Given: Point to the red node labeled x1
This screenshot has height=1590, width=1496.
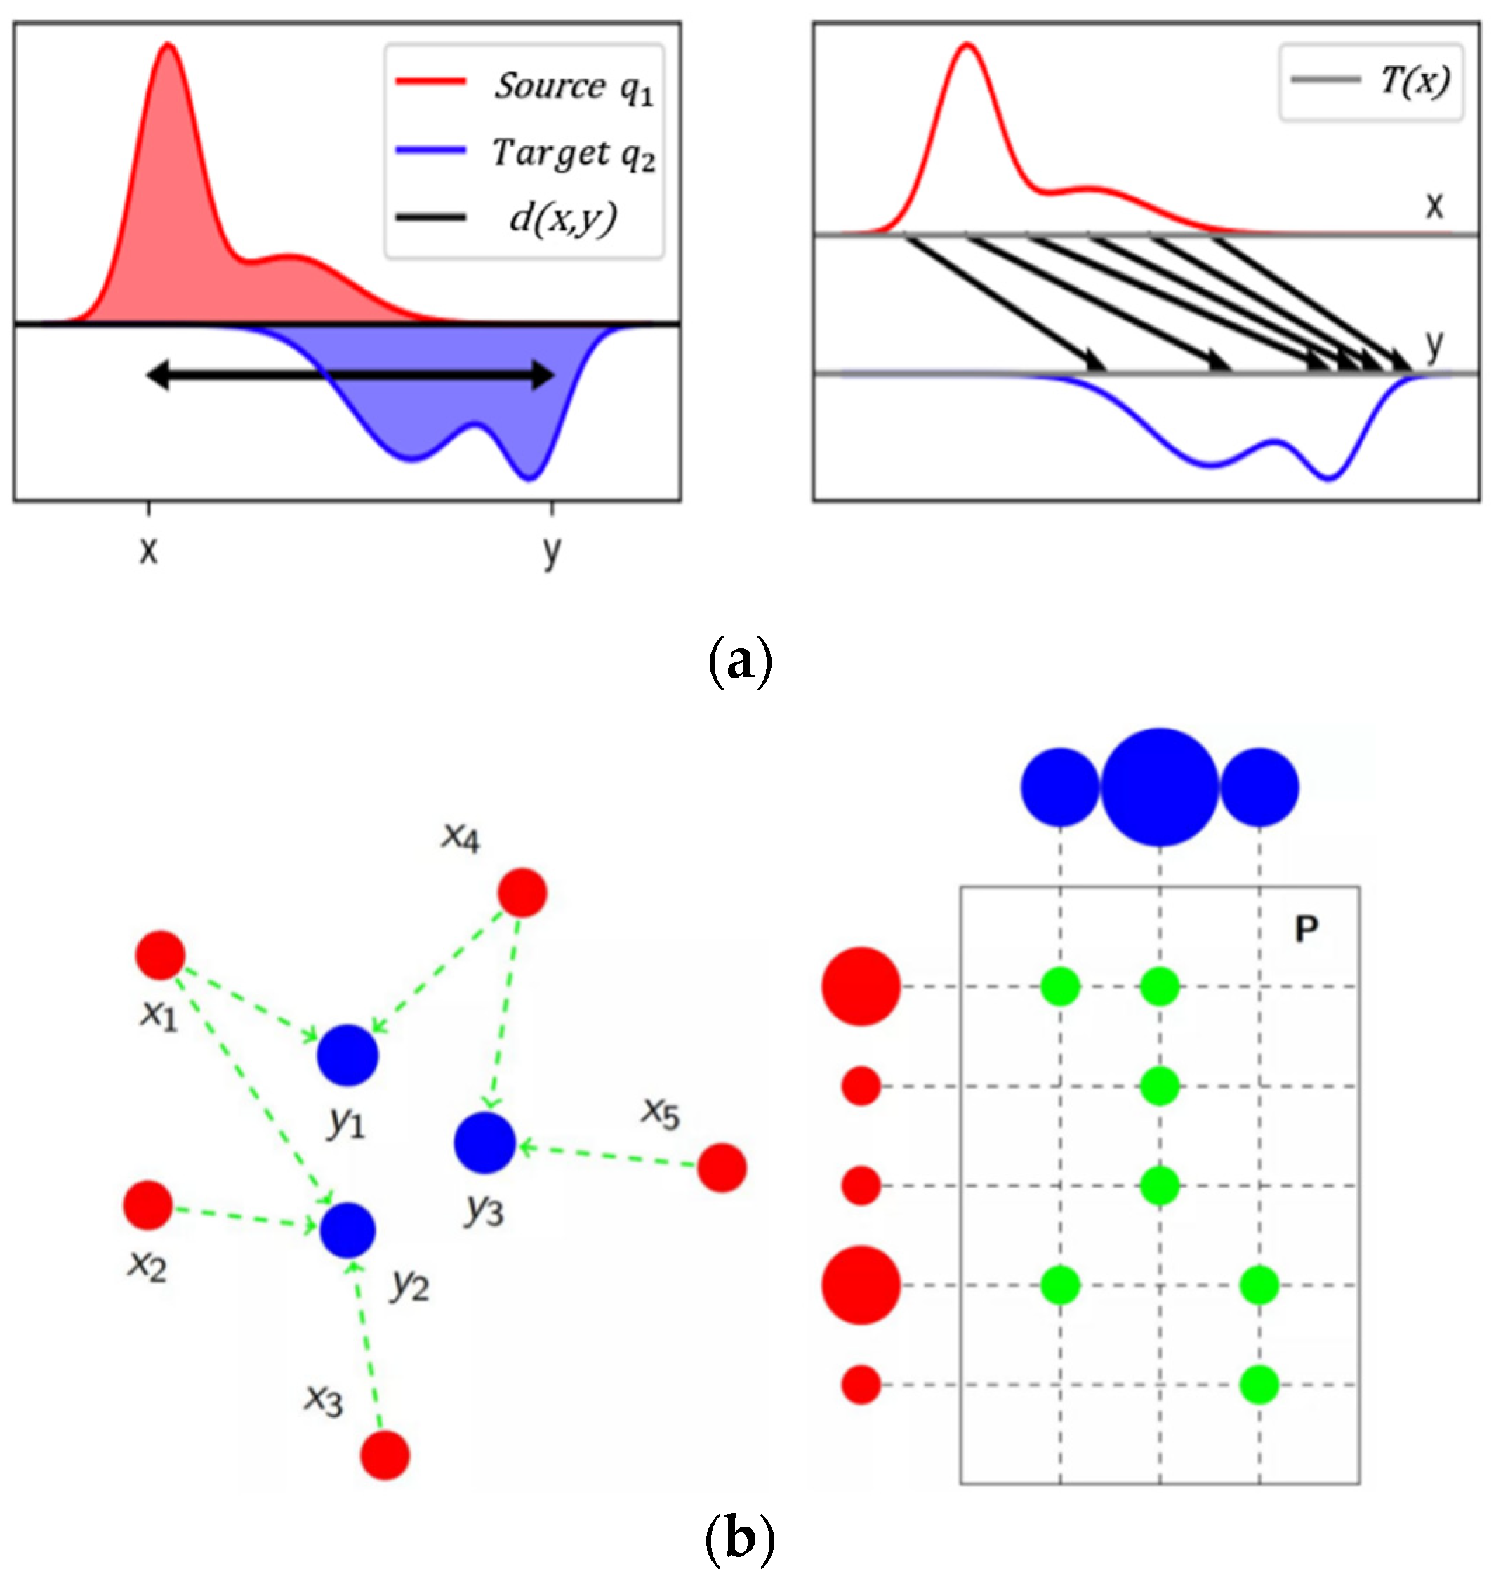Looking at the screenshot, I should pos(161,955).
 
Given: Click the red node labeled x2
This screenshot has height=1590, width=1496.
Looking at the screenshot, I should pos(148,1204).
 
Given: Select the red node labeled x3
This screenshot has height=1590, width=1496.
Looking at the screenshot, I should pos(385,1455).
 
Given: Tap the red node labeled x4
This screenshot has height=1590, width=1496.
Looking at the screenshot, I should pos(522,893).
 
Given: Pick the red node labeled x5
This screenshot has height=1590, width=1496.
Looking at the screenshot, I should pos(722,1168).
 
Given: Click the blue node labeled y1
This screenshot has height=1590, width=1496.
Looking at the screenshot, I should pos(347,1055).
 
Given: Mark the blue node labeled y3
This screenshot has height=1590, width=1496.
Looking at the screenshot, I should pos(484,1142).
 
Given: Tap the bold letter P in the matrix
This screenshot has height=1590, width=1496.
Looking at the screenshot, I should pos(1306,928).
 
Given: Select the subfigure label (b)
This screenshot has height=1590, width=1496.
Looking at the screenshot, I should pos(741,1539).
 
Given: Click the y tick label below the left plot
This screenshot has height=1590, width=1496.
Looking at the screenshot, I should pos(551,551).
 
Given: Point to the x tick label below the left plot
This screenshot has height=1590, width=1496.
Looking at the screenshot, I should pos(148,551).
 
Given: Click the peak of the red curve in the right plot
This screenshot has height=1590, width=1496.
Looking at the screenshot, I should pos(967,44).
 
